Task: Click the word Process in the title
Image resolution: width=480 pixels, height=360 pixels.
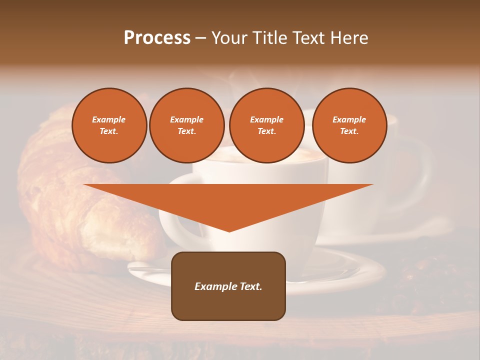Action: [x=157, y=38]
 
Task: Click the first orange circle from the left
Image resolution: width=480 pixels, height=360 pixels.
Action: [x=109, y=125]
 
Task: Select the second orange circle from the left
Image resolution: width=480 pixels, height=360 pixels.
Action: [x=187, y=125]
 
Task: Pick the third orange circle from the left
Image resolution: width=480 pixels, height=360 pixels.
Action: [x=267, y=125]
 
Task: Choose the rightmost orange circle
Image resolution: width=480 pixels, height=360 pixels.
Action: [x=349, y=125]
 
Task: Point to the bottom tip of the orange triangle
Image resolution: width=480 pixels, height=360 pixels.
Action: [x=229, y=231]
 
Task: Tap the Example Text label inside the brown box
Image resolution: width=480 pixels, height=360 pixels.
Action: [x=228, y=286]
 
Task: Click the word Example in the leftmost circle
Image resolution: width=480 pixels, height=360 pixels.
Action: [x=109, y=119]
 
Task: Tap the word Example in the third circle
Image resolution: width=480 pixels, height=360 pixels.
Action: [x=267, y=119]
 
